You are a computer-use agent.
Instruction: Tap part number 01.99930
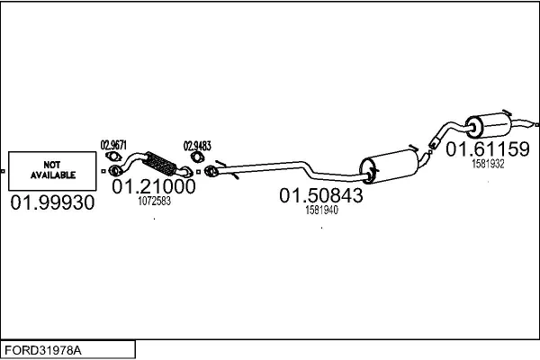point(52,202)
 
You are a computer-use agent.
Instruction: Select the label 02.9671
point(113,145)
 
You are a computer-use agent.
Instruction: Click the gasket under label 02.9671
point(113,157)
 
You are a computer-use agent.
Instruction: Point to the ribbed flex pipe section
point(159,163)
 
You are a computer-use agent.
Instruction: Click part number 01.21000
point(154,186)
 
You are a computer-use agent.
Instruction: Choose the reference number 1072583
point(154,202)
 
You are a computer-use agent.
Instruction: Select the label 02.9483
point(197,146)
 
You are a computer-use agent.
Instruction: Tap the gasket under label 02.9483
point(197,157)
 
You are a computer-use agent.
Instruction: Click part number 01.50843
point(321,195)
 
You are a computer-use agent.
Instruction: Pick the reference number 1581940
point(321,210)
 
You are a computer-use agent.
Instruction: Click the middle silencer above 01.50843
point(390,166)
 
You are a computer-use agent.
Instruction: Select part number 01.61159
point(488,149)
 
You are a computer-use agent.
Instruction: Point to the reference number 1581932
point(488,164)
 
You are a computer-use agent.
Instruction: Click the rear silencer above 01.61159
point(489,125)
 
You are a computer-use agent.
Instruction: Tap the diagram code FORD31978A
point(43,351)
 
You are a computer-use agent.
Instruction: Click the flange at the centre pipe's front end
point(211,171)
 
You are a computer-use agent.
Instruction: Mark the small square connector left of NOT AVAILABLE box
point(3,171)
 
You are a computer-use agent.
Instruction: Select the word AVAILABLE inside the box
point(53,175)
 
